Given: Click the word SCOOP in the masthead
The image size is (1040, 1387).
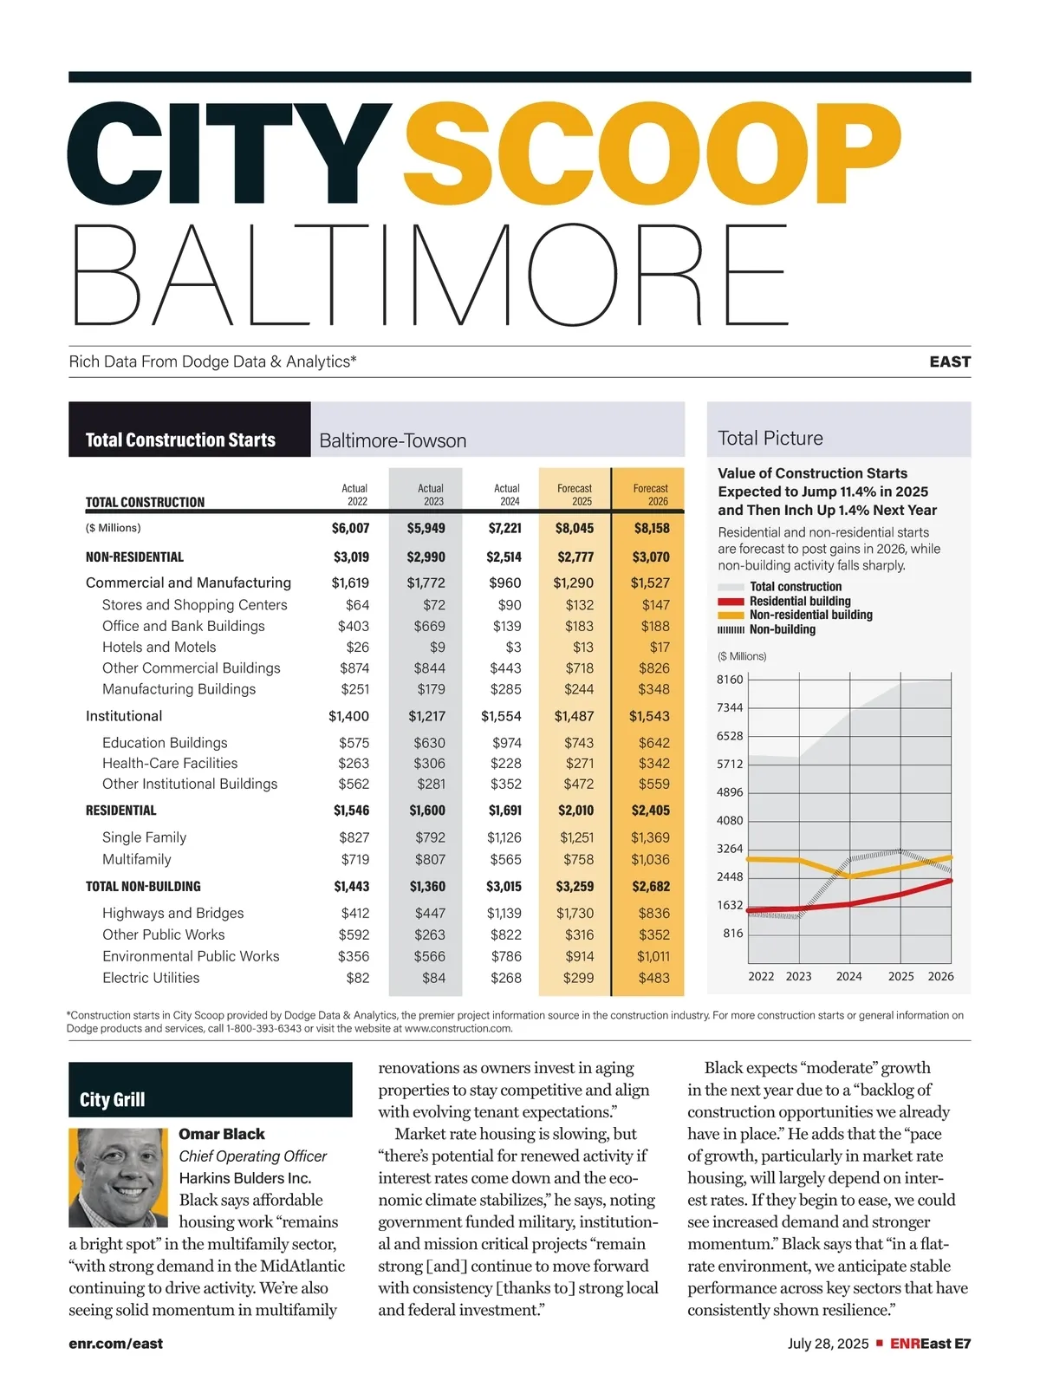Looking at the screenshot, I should tap(652, 156).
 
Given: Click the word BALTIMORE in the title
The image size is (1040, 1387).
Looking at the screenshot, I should tap(430, 276).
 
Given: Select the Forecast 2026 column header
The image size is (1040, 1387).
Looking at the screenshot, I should tap(650, 495).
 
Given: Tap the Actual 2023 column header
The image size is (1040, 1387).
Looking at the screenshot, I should tap(431, 495).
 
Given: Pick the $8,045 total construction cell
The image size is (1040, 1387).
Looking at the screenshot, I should tap(575, 528).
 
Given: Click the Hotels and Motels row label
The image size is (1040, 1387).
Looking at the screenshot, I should tap(159, 647).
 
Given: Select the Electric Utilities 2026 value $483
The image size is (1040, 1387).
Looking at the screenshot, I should tap(653, 978).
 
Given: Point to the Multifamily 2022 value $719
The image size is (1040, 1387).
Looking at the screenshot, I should tap(354, 859).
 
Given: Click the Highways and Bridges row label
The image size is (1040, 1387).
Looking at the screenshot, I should tap(172, 913).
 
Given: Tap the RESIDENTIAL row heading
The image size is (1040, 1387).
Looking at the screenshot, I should tap(121, 811).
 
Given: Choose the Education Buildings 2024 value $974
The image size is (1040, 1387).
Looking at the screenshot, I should tap(507, 743).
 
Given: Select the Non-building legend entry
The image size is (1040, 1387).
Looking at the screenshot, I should tap(782, 629).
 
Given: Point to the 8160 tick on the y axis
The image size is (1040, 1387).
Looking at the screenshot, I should tap(730, 680).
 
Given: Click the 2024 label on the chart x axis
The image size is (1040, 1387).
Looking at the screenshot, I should tap(848, 976).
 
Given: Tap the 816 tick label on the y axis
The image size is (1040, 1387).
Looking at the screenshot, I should tap(733, 934).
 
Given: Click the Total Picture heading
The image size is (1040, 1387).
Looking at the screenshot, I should tap(770, 439).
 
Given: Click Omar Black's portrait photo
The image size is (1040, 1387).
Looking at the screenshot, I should tap(118, 1177).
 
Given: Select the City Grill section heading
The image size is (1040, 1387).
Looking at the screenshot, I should tap(113, 1100).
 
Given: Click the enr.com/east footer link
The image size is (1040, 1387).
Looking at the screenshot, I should tap(116, 1344).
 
